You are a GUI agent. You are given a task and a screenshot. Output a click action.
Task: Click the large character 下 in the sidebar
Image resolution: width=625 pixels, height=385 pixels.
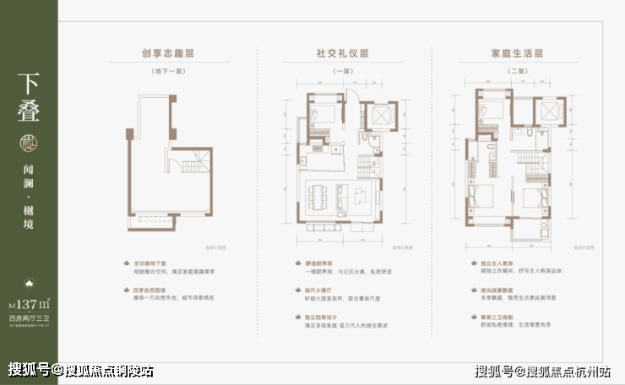[x=29, y=86]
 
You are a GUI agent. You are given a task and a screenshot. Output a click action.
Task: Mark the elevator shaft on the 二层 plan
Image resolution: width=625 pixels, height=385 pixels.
[x=548, y=114]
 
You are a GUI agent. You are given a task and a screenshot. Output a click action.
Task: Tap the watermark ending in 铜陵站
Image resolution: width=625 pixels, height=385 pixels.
[x=81, y=371]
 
